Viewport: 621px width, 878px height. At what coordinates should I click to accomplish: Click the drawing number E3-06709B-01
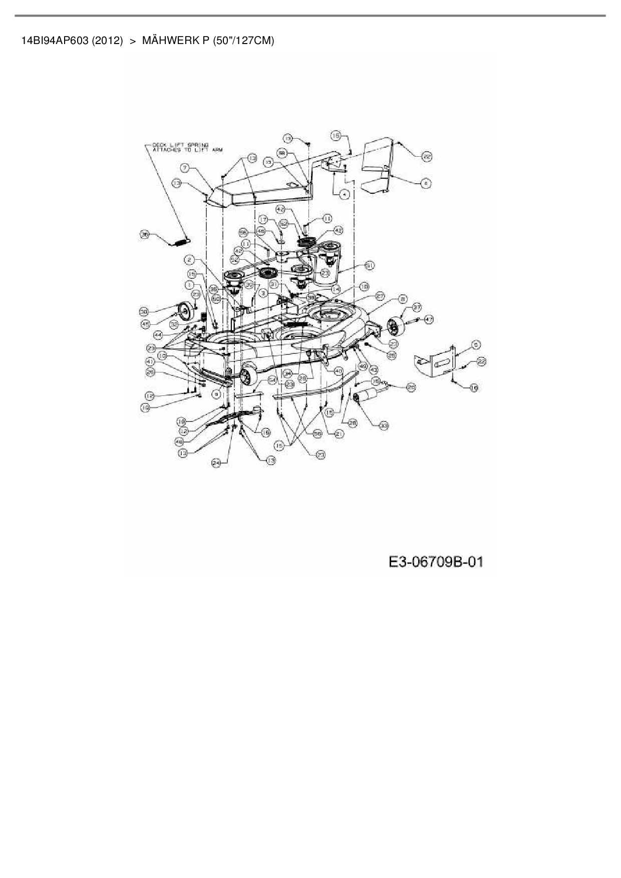click(436, 562)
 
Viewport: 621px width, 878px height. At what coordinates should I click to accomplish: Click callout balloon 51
click(370, 265)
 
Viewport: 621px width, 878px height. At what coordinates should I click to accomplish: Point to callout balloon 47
click(429, 319)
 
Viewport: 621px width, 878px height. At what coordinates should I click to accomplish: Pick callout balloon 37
click(417, 308)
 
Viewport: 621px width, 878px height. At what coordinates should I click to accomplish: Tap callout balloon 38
click(145, 312)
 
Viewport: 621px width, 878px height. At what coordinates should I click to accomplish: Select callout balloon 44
click(158, 334)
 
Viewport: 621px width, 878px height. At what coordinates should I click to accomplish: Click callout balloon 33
click(384, 425)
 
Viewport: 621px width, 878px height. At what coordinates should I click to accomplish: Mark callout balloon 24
click(216, 464)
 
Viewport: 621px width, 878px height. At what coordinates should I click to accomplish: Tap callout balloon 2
click(189, 260)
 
